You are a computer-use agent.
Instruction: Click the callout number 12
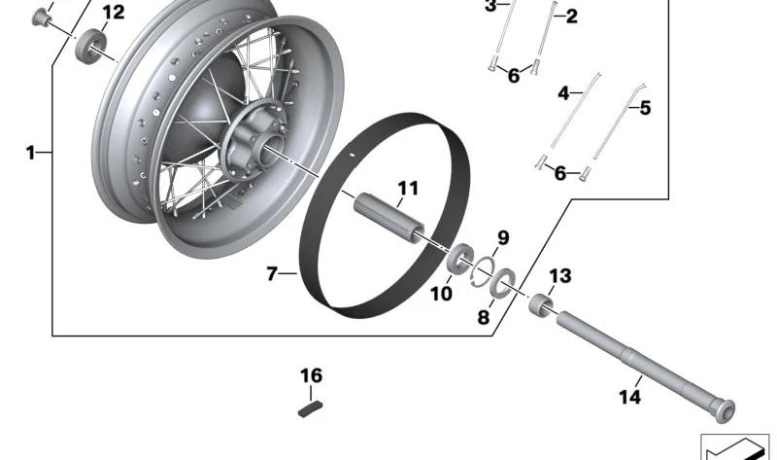pyautogui.click(x=114, y=13)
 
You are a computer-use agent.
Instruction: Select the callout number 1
pyautogui.click(x=31, y=153)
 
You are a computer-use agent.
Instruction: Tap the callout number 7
pyautogui.click(x=272, y=274)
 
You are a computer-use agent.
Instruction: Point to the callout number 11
pyautogui.click(x=406, y=187)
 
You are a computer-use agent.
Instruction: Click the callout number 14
pyautogui.click(x=630, y=397)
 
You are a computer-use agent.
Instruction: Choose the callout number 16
pyautogui.click(x=310, y=375)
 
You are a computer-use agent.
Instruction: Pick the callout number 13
pyautogui.click(x=560, y=277)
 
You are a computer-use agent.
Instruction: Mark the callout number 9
pyautogui.click(x=503, y=239)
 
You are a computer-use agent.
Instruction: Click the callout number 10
pyautogui.click(x=441, y=293)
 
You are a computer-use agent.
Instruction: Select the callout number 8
pyautogui.click(x=484, y=317)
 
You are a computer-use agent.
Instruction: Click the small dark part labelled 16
pyautogui.click(x=310, y=407)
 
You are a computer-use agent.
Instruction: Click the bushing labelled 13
pyautogui.click(x=540, y=304)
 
